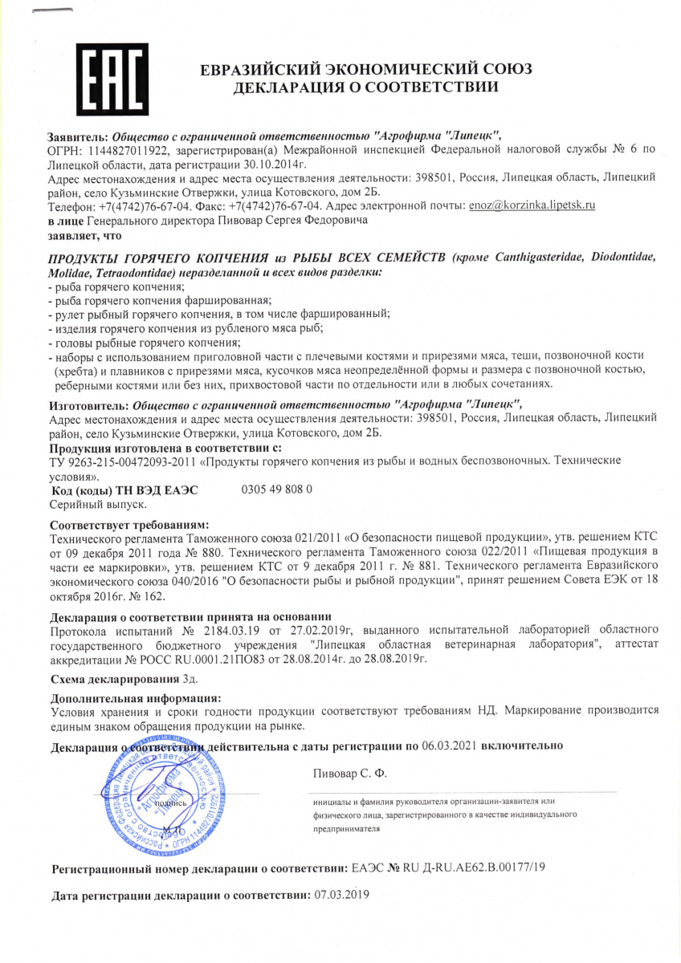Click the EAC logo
tap(112, 79)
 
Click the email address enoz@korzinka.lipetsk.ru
tap(532, 205)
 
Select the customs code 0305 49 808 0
tap(276, 489)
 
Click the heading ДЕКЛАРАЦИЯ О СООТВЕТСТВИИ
tap(365, 87)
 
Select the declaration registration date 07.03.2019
tap(341, 894)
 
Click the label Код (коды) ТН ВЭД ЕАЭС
tap(124, 490)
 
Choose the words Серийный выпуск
tap(98, 503)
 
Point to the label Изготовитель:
tap(88, 404)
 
